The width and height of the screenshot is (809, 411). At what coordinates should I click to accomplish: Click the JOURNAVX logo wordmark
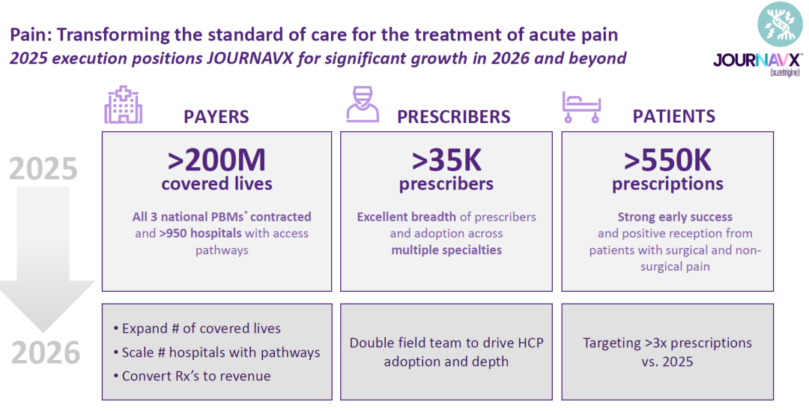click(757, 61)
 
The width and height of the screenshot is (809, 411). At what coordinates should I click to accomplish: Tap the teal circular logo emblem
click(780, 24)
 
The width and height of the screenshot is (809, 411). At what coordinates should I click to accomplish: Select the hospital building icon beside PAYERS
click(124, 104)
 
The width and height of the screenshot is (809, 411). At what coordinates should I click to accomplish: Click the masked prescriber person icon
click(363, 104)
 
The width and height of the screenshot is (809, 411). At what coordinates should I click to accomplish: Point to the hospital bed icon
click(581, 107)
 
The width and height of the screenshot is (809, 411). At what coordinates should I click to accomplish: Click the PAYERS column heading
click(216, 117)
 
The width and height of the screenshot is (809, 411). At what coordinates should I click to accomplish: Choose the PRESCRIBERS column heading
click(453, 117)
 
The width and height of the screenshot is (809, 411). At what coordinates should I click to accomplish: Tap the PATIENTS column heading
click(674, 117)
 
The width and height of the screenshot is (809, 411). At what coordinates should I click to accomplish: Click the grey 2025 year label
click(43, 169)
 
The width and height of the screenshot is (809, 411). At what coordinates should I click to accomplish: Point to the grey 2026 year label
click(46, 352)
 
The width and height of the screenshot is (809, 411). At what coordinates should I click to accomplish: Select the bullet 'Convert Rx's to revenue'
click(192, 376)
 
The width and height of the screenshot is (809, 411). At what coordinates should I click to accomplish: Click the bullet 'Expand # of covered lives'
click(196, 328)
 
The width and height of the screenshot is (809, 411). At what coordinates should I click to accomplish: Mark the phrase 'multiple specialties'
click(446, 250)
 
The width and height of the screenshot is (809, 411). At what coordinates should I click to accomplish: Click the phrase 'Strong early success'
click(675, 217)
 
